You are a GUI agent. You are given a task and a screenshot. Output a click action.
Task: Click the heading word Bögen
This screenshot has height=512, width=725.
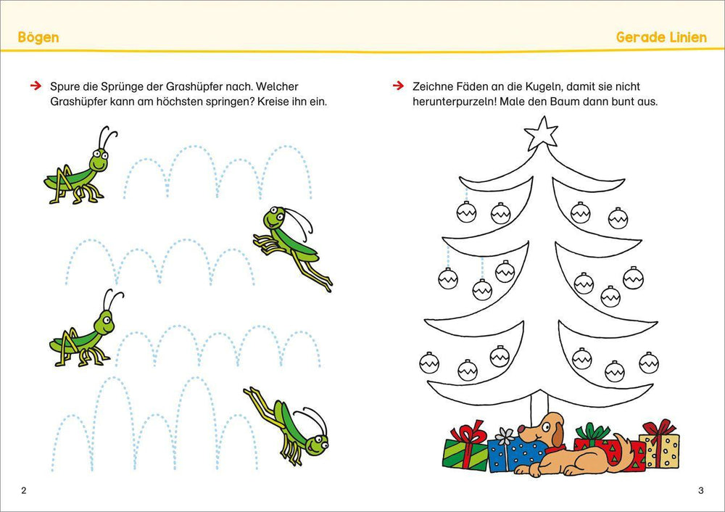38,37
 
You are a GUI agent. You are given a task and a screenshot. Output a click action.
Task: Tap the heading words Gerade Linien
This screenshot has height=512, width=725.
661,37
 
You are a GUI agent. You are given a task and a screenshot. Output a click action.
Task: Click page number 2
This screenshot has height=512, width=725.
24,490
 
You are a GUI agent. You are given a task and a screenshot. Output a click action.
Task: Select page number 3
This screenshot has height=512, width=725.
700,490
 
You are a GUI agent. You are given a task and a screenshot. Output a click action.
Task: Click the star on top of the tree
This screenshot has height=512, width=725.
541,133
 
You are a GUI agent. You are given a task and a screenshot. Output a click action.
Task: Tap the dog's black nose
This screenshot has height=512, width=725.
521,429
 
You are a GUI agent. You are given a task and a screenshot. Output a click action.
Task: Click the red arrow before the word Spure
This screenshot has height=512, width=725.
36,86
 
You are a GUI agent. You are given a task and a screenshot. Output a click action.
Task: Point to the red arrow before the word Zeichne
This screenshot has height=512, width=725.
398,86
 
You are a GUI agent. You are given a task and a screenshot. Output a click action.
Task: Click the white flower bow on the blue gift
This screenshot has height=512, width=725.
505,435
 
